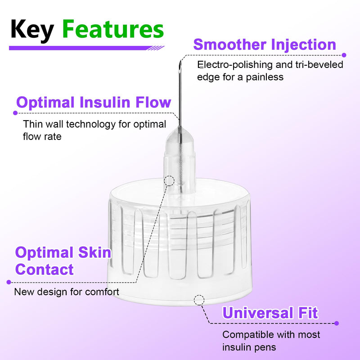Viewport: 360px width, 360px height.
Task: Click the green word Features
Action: point(112,30)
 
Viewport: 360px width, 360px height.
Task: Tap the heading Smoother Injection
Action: point(265,45)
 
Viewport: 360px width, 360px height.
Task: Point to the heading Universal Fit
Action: point(270,312)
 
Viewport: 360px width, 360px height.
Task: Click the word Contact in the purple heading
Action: point(44,270)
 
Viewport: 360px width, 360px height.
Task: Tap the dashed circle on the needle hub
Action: point(170,181)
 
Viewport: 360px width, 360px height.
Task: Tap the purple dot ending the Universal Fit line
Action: point(337,323)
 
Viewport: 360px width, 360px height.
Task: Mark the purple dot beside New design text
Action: point(9,282)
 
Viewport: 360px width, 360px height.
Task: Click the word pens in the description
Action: point(265,347)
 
